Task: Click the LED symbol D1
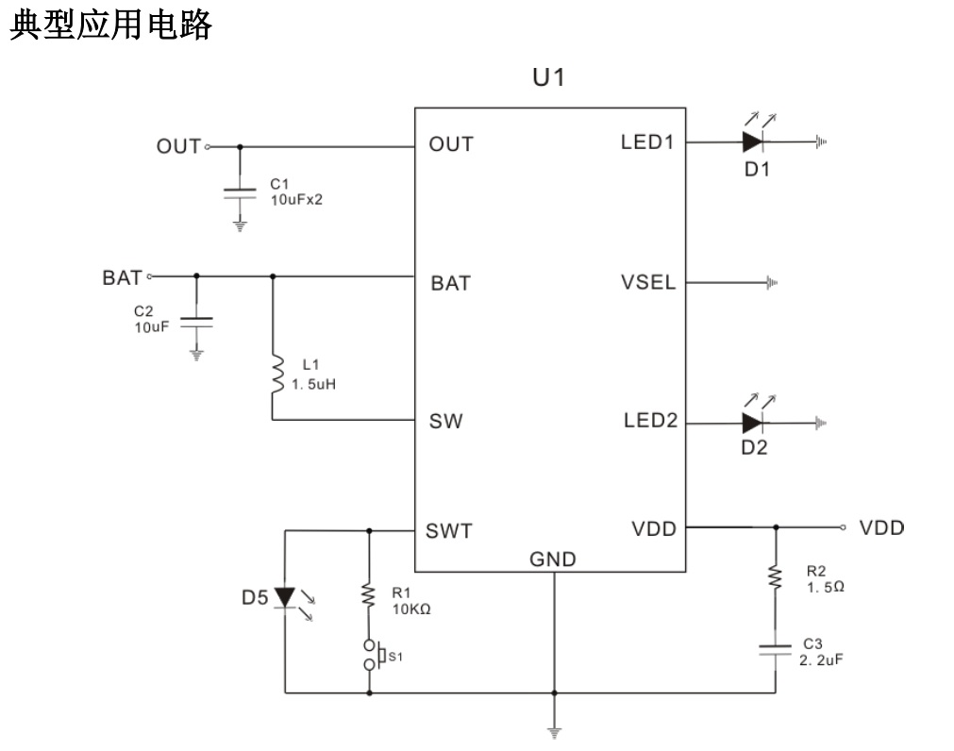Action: (x=752, y=142)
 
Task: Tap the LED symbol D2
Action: (x=752, y=422)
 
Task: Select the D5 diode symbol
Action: (x=285, y=597)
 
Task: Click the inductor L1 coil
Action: (x=276, y=375)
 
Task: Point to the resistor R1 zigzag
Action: (x=369, y=594)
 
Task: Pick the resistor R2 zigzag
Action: (x=776, y=577)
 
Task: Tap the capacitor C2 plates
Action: (x=196, y=321)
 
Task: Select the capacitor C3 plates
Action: (x=776, y=650)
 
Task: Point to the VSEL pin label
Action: (x=648, y=283)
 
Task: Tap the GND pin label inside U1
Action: (x=552, y=559)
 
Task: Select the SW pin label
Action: (x=445, y=422)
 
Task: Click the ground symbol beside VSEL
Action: (x=772, y=282)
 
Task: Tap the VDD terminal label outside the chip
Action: (x=881, y=527)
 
